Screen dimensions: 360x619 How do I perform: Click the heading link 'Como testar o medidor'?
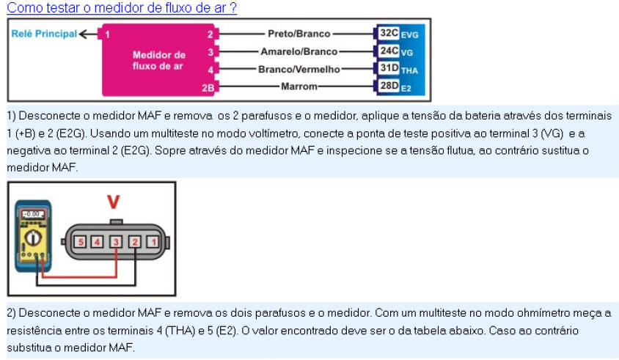tap(121, 8)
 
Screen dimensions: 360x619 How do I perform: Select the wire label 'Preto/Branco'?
tap(301, 34)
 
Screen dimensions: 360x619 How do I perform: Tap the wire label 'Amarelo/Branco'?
tap(299, 51)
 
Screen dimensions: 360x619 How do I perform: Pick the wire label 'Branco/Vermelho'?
tap(299, 70)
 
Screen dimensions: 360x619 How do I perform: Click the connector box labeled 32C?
tap(388, 34)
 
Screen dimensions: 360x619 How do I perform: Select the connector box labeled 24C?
tap(388, 51)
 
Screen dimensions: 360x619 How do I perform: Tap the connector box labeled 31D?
tap(388, 69)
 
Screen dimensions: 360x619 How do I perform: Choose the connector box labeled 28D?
tap(388, 87)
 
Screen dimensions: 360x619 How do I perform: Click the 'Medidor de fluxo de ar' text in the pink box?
tap(158, 60)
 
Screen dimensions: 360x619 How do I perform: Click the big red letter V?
tap(113, 201)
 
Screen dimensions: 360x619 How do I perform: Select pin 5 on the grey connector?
tap(81, 241)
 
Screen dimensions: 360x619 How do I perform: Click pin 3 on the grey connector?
tap(116, 241)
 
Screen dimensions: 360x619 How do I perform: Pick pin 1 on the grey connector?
tap(152, 241)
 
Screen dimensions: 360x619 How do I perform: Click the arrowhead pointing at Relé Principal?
tap(82, 34)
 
